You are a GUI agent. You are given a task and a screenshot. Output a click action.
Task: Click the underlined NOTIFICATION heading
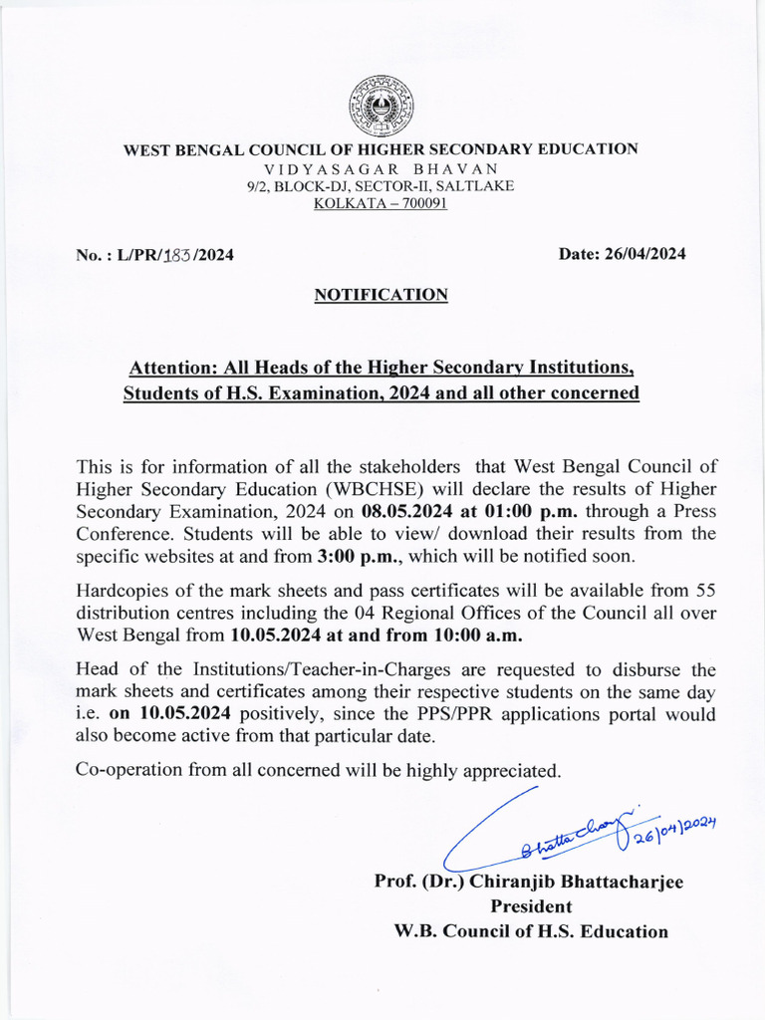pyautogui.click(x=381, y=295)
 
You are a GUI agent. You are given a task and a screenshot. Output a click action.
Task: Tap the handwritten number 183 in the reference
pyautogui.click(x=177, y=254)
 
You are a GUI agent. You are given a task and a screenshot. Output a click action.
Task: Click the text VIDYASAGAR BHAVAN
pyautogui.click(x=381, y=168)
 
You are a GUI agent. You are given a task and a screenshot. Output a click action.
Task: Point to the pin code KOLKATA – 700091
pyautogui.click(x=381, y=203)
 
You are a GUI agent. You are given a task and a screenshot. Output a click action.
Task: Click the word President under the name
pyautogui.click(x=531, y=906)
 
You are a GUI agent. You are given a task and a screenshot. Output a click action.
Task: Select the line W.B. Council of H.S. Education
pyautogui.click(x=531, y=932)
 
